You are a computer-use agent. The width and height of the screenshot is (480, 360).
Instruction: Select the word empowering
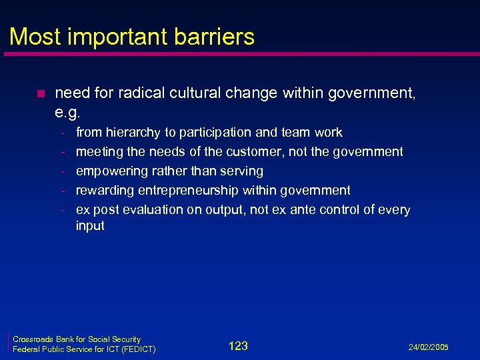click(109, 171)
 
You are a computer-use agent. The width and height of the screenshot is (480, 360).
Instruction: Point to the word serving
click(243, 171)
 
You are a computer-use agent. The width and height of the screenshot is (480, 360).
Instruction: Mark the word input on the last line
click(90, 225)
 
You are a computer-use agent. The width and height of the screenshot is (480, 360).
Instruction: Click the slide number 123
click(238, 345)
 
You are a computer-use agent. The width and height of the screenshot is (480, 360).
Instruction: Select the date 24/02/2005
click(429, 347)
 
